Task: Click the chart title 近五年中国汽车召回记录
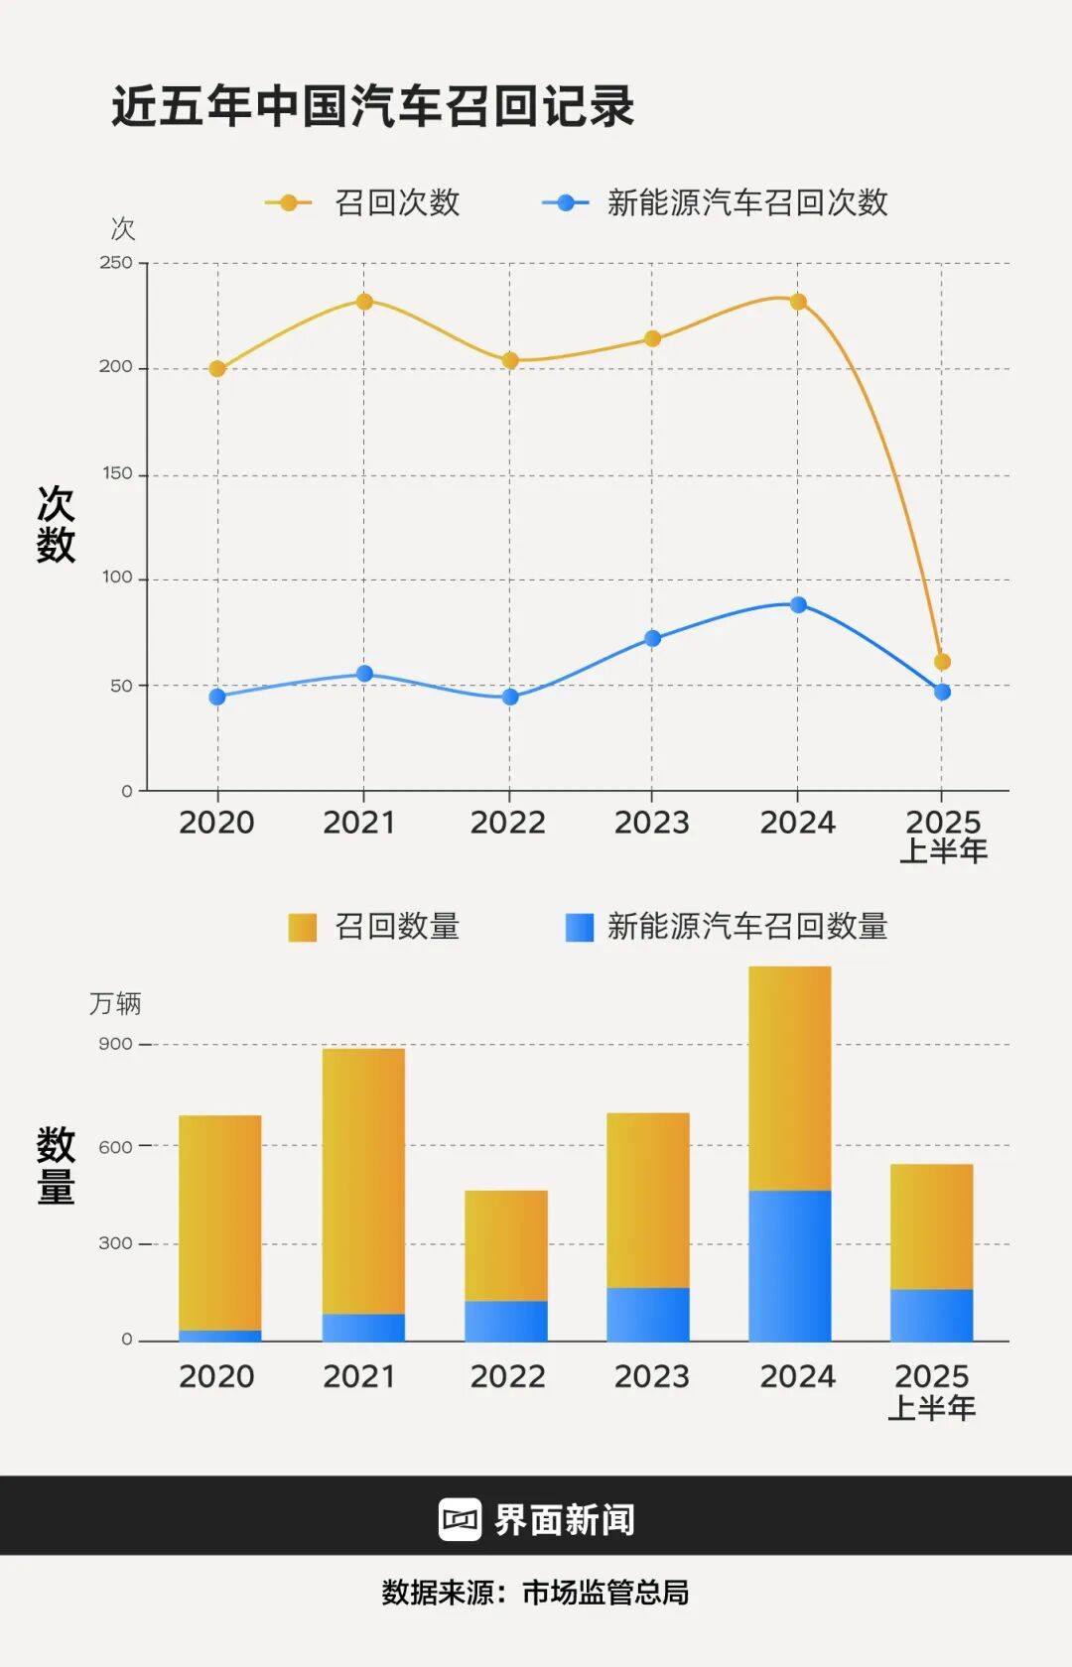(372, 107)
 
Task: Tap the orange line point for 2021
(364, 302)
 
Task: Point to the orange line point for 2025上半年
(942, 662)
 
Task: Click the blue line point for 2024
(798, 605)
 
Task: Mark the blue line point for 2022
(510, 698)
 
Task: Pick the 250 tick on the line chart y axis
(116, 263)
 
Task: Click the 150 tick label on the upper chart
(117, 474)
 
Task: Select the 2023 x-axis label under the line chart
(651, 823)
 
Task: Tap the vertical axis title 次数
(56, 524)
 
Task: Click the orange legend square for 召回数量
(302, 928)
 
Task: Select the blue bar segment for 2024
(790, 1265)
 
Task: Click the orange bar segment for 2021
(363, 1181)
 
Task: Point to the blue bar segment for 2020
(220, 1336)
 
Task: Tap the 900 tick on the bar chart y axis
(115, 1044)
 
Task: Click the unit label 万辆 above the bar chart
(115, 1004)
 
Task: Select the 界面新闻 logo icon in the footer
(460, 1519)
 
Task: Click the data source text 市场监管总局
(605, 1593)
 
